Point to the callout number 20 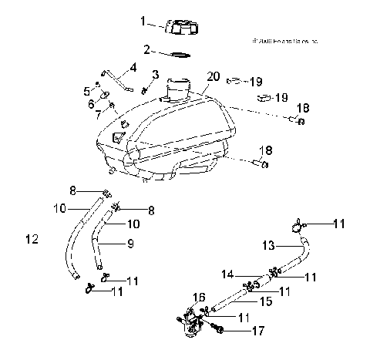(212, 76)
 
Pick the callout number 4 (133, 67)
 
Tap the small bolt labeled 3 (155, 90)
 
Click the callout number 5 (86, 90)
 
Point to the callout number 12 (32, 240)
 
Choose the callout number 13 (267, 245)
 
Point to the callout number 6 (92, 103)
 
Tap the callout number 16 (197, 297)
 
